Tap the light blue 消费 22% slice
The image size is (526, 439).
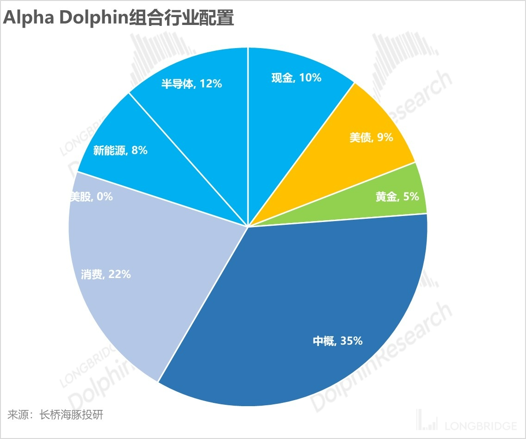tap(139, 259)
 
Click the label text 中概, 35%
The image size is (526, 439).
tap(337, 341)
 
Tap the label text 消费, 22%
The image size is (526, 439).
tap(105, 274)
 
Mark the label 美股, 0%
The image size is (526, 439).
tap(91, 197)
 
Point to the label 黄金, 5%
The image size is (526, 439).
tap(397, 197)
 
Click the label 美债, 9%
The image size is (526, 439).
tap(371, 137)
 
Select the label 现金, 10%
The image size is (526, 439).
tap(296, 78)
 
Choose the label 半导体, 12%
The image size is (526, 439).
tap(192, 84)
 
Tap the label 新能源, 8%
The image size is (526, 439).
tap(120, 150)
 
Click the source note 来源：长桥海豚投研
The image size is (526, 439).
tap(55, 414)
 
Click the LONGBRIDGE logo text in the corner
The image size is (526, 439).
tap(481, 426)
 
